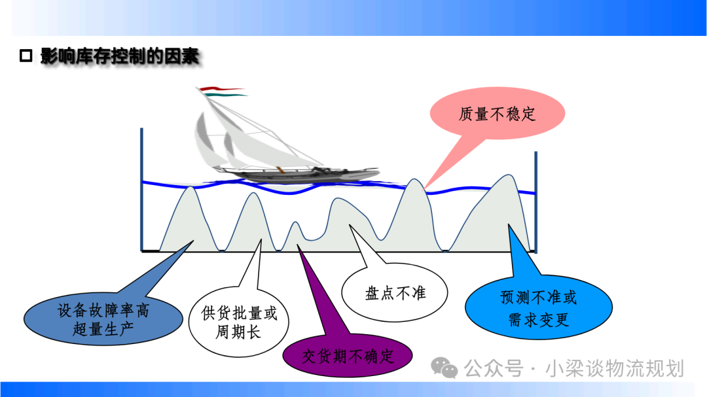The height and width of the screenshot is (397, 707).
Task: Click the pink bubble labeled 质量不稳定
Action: tap(498, 114)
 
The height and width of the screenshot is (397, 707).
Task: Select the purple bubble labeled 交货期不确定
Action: tap(347, 356)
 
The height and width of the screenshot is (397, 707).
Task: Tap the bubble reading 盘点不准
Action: tap(395, 293)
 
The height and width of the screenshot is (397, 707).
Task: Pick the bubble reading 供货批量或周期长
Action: tap(238, 322)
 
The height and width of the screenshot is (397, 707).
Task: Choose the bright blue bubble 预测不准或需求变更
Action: tap(538, 308)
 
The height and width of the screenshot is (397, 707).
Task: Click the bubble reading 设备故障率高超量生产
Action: tap(103, 319)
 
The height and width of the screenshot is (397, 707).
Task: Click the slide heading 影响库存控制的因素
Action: tap(120, 56)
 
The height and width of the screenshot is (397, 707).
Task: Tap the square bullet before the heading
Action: tap(26, 56)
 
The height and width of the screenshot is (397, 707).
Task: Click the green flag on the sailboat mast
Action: tap(224, 95)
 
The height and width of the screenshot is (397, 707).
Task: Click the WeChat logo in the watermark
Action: tap(444, 368)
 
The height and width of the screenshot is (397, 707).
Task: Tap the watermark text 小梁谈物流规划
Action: tap(615, 368)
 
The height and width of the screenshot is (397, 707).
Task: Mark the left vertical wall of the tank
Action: tap(141, 190)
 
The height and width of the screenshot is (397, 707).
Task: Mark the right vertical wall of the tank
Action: tap(535, 202)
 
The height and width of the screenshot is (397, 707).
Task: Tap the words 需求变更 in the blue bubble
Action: tap(538, 319)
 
